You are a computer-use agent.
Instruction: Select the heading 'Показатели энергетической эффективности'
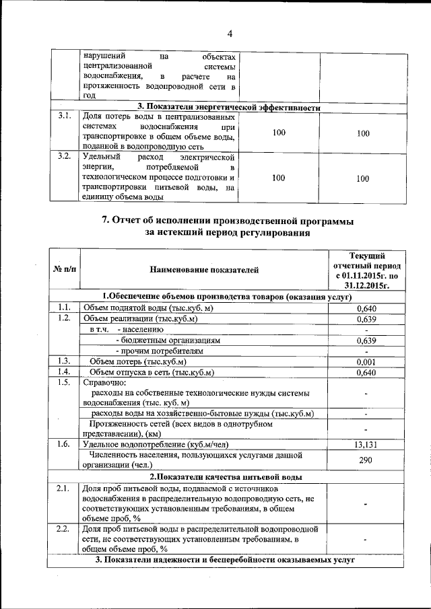coord(229,107)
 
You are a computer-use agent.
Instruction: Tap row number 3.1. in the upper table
coord(65,116)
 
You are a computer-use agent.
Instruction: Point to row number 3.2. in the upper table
coord(65,156)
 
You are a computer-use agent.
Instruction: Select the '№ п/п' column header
coord(64,270)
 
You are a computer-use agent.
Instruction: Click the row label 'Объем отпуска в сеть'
coord(152,372)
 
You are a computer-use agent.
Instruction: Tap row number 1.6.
coord(65,444)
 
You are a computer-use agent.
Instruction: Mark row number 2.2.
coord(65,530)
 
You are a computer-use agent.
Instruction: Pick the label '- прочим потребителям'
coord(159,351)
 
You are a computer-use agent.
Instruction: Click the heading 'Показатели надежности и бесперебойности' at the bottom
coord(226,560)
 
